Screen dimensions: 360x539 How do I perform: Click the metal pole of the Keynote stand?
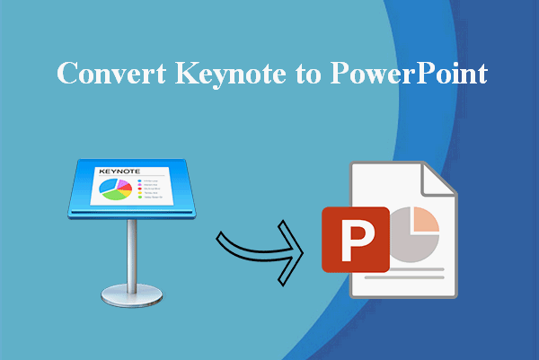(x=132, y=251)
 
